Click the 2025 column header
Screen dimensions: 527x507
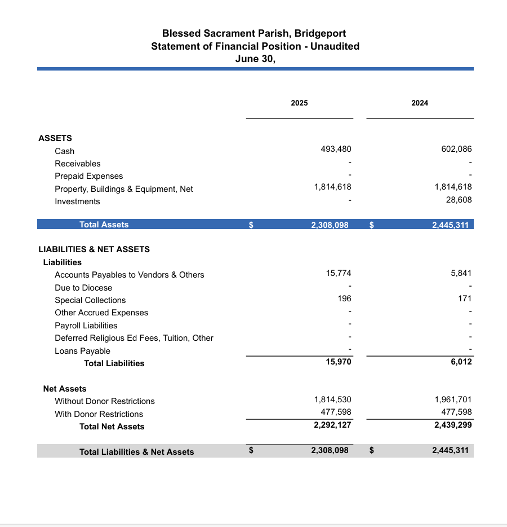pos(299,103)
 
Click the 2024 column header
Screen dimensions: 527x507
pos(420,103)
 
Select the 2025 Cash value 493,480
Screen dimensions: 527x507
pos(335,149)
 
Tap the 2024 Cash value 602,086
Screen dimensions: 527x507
pos(456,149)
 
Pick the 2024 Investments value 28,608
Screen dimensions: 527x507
pos(459,200)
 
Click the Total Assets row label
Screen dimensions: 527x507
pos(104,225)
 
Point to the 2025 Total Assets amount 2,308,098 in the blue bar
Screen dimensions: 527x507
pos(330,225)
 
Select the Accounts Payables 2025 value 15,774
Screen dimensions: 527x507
pos(339,273)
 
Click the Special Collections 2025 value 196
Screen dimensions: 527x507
pos(345,298)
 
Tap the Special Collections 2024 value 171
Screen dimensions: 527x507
pos(465,298)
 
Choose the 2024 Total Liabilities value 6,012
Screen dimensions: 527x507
pos(461,362)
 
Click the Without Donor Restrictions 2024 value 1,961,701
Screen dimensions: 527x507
pos(453,399)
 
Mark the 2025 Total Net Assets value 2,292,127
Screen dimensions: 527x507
pos(332,425)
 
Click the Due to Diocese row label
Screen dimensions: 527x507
pos(83,288)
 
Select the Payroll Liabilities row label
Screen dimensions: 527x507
pos(86,326)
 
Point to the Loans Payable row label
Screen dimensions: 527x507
pos(82,351)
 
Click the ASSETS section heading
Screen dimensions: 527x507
pos(55,138)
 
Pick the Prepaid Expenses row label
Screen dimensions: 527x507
pos(88,176)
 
